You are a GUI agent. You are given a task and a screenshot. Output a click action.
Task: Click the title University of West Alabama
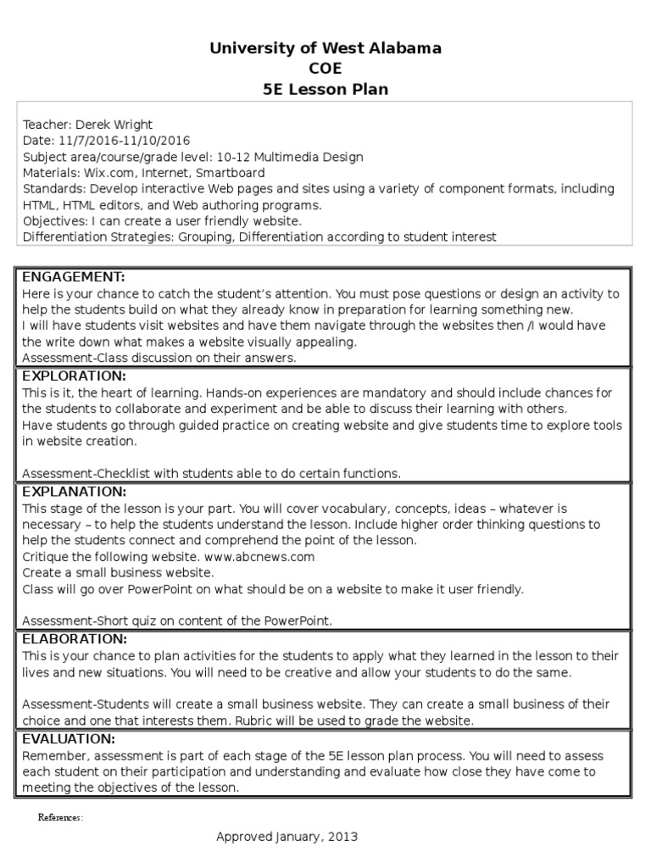325,48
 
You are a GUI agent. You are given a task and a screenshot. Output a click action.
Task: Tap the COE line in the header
325,69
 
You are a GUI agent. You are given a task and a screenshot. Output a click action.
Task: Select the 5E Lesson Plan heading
325,89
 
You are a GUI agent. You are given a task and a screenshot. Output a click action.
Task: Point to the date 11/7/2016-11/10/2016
125,140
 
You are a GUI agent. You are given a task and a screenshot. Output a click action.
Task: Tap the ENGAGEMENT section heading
73,277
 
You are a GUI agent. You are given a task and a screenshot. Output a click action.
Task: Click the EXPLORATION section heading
74,376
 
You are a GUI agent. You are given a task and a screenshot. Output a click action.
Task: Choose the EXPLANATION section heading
74,492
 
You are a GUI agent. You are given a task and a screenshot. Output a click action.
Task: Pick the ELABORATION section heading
75,638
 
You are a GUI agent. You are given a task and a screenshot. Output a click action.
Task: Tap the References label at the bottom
60,818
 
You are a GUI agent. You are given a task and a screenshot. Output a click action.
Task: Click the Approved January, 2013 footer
287,837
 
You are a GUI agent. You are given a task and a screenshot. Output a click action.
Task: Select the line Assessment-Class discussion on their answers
158,358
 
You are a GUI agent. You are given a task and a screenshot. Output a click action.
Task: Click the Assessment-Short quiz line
177,620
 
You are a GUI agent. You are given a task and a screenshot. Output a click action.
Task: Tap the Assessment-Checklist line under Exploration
211,473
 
